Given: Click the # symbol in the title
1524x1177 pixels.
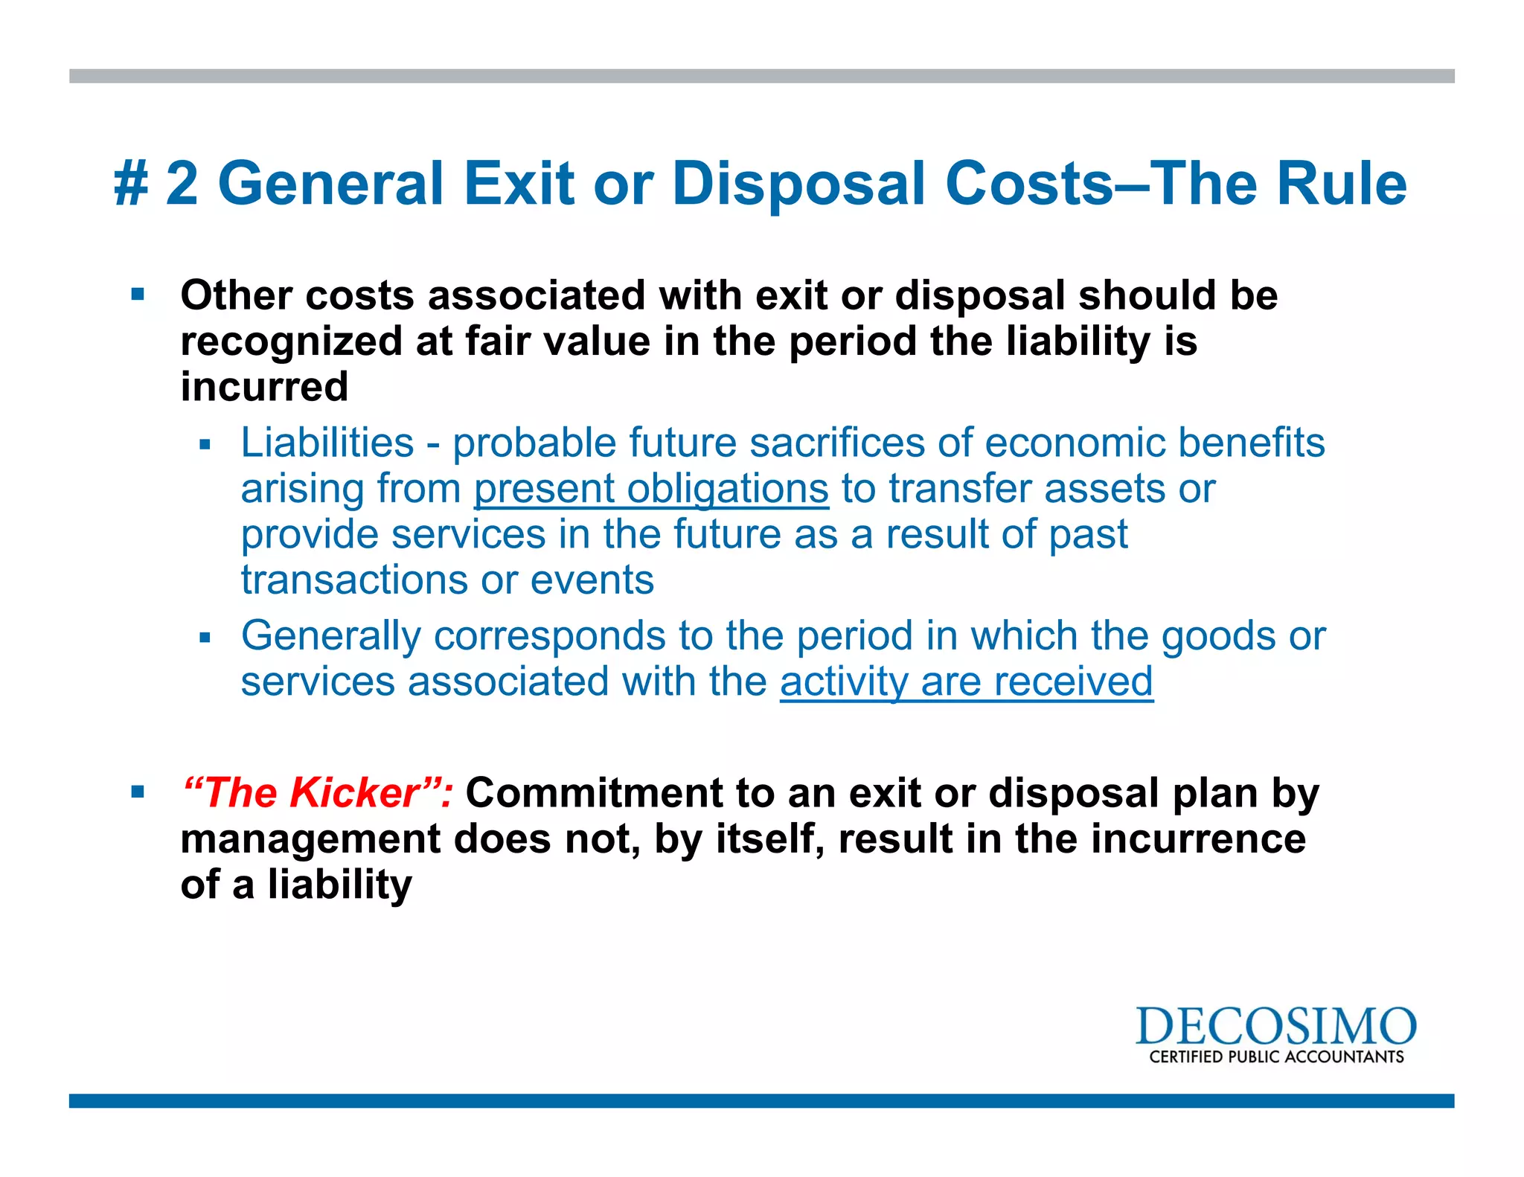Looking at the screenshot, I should [132, 185].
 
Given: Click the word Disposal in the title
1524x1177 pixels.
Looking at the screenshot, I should [799, 185].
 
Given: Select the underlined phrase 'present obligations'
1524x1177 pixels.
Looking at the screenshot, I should [651, 489].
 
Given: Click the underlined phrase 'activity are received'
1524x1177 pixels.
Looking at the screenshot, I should [967, 681].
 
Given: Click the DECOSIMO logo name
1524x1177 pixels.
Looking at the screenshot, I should [1275, 1027].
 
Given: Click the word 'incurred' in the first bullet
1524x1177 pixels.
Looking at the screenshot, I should [264, 387].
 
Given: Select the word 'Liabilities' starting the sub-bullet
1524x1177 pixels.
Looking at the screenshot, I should [327, 443].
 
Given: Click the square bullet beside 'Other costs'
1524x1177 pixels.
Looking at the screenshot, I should [138, 295].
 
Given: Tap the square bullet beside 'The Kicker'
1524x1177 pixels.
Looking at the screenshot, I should [138, 792].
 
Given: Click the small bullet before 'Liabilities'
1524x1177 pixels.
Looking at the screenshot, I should [205, 445].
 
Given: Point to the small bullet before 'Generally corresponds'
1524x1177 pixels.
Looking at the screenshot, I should [205, 638].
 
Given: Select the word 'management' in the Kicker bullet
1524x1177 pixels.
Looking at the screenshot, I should [311, 839].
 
